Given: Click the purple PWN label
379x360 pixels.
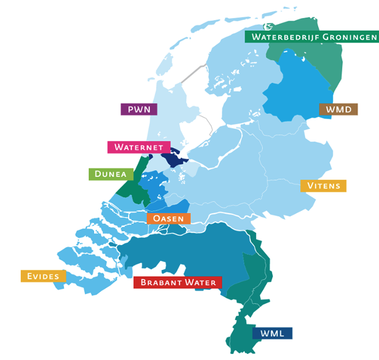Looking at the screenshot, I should click(139, 109).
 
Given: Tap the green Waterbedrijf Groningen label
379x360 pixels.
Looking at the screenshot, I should click(312, 36).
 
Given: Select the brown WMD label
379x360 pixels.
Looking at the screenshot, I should click(338, 109).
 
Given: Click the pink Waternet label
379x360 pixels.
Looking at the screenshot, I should click(139, 147).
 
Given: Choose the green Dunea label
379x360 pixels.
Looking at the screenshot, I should click(107, 174).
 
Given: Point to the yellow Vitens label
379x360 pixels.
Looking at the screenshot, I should click(323, 186).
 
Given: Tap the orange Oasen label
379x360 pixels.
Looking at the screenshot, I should click(168, 218).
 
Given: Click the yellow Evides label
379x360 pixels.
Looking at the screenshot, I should click(43, 276).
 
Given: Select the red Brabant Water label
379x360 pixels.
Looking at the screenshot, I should click(178, 283).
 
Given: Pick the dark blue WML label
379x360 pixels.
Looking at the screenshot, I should click(272, 333).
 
